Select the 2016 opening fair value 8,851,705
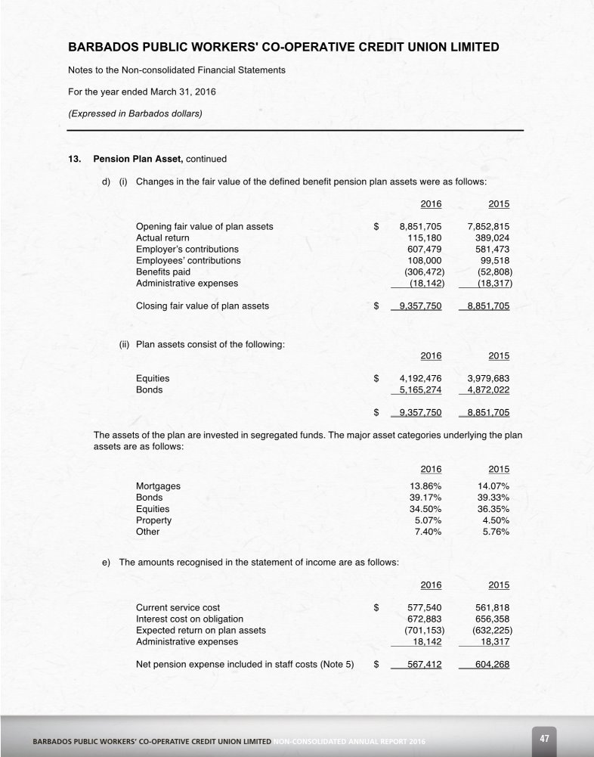coord(420,226)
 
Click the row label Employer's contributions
coord(187,249)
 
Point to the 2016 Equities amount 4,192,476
coord(420,378)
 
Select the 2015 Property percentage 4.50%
coord(494,520)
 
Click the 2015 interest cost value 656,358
coord(492,619)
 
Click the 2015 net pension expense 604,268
coord(492,665)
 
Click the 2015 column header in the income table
coord(499,585)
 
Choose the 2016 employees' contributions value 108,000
coord(424,260)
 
